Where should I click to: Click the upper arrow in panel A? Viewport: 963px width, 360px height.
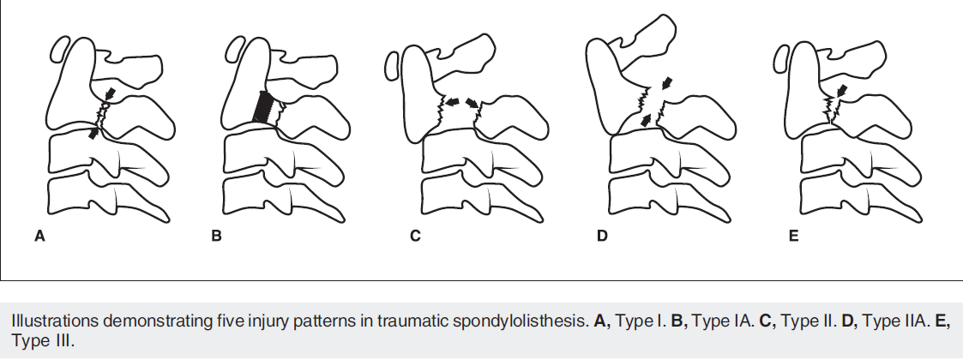coord(108,91)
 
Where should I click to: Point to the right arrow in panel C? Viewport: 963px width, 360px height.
coord(472,102)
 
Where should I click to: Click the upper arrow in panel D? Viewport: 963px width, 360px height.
coord(667,83)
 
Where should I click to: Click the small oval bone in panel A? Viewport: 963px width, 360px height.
coord(60,48)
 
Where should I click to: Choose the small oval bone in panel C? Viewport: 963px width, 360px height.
coord(391,65)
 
